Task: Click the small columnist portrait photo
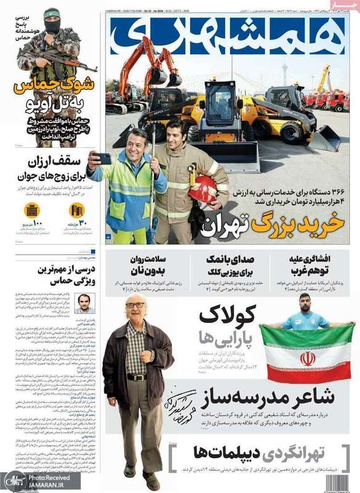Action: pos(84,303)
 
